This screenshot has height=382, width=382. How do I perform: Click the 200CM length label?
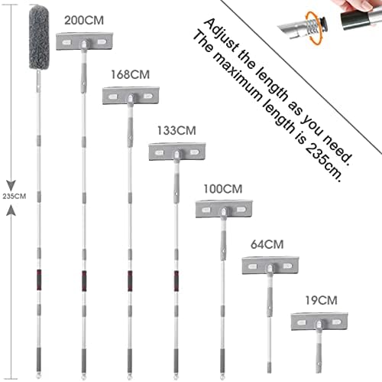coord(84,21)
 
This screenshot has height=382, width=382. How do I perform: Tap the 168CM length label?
coord(130,75)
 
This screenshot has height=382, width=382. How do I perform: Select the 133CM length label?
coord(176,130)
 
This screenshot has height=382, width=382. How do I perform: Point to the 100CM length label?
coord(223,189)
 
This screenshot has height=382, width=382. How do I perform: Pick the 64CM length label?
coord(267,244)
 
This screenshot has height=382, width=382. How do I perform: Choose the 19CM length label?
coord(322,300)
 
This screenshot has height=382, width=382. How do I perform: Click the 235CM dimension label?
coord(15,196)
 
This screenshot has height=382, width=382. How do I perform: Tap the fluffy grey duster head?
coord(39,38)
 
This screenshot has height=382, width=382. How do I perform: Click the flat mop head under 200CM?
coord(84,41)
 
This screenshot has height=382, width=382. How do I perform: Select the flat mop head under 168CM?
coord(131,96)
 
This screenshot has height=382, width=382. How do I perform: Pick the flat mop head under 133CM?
coord(177,152)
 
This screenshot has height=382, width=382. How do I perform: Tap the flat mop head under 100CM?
coord(224,209)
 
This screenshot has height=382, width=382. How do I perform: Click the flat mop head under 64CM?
coord(270,266)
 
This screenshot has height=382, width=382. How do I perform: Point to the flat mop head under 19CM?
coord(319,322)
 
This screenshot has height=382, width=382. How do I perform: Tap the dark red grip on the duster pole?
coord(39,280)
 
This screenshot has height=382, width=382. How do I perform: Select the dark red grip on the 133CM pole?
coord(176,281)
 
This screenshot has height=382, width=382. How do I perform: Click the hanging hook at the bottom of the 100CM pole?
coord(223,377)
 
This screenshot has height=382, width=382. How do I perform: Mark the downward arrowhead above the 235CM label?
coord(11,186)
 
